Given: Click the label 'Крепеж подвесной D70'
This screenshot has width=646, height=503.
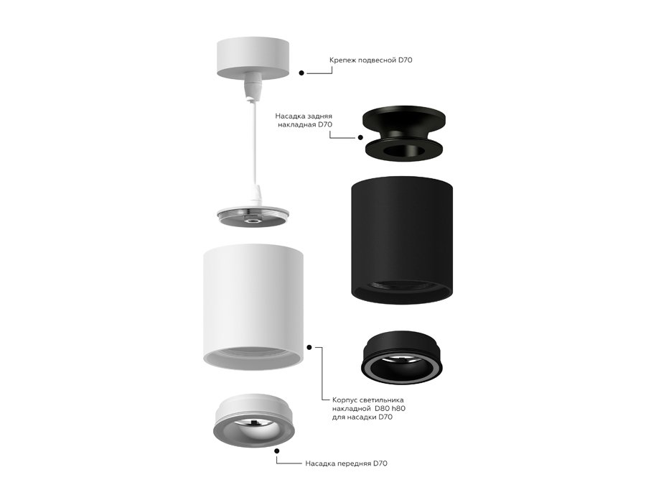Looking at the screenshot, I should pyautogui.click(x=370, y=60).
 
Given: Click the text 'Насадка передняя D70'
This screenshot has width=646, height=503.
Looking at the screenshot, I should pyautogui.click(x=346, y=463).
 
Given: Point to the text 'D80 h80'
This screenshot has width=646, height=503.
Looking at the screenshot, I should pyautogui.click(x=390, y=409).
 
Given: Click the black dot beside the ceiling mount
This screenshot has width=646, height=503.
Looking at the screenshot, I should pyautogui.click(x=301, y=73).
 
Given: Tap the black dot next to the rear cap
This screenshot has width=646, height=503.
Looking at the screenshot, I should pyautogui.click(x=358, y=137).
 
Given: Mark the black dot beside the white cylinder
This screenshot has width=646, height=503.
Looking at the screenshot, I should pyautogui.click(x=309, y=346).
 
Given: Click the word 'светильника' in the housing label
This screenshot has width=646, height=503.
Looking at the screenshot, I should pyautogui.click(x=385, y=400).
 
